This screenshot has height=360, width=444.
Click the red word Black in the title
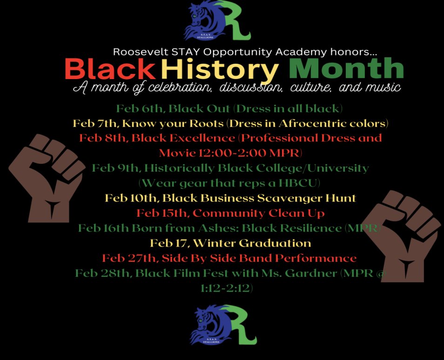tap(110, 69)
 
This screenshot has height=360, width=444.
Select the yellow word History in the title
tap(220, 69)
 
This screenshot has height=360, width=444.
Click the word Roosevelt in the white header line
tap(135, 52)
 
